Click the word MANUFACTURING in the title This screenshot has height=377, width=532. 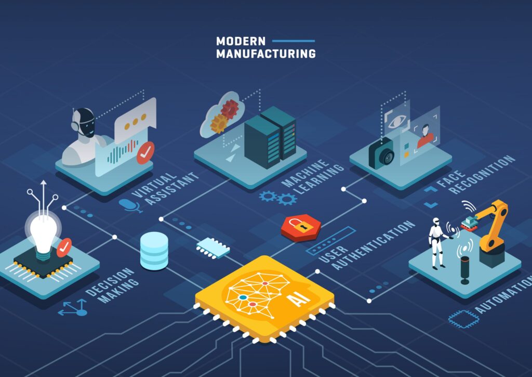point(265,54)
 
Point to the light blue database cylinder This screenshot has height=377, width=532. point(154,250)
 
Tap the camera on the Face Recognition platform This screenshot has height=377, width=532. point(382,153)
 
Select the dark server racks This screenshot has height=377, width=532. point(270,136)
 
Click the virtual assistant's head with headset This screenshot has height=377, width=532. point(84,123)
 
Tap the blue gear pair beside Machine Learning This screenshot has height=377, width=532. point(278,198)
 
